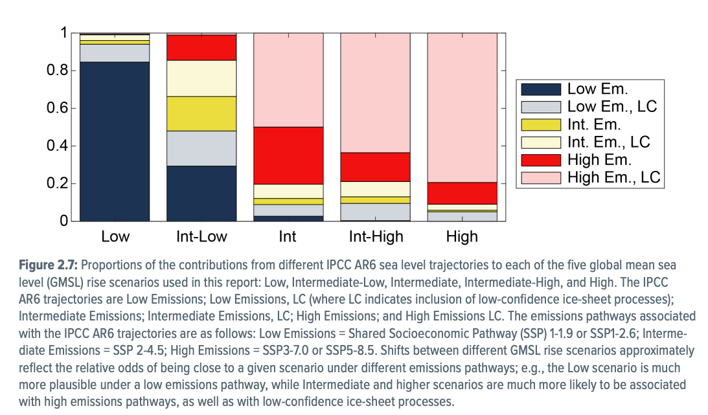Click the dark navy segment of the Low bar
click(115, 141)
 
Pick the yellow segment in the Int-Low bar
click(201, 113)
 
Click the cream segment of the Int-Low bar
click(201, 78)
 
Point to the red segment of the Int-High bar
click(375, 167)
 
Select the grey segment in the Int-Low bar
click(201, 148)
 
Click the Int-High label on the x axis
click(376, 237)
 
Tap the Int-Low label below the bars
click(201, 237)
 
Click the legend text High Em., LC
click(613, 177)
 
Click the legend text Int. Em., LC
click(608, 142)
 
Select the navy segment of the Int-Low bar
click(201, 194)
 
